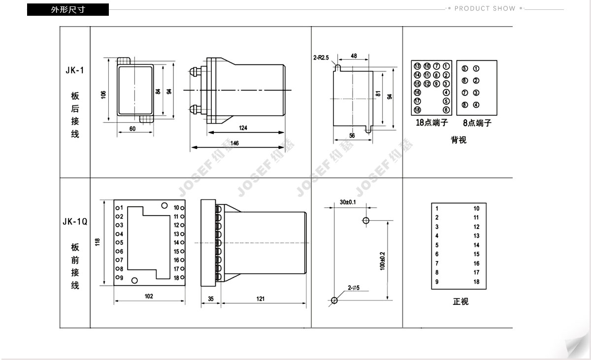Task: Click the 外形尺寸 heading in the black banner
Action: (x=68, y=10)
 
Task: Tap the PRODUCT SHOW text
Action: (x=485, y=8)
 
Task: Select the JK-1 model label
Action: (x=75, y=70)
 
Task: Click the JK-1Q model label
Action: (x=75, y=221)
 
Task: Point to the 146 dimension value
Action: (x=234, y=143)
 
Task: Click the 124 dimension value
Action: (x=243, y=128)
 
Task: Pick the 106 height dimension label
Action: (x=103, y=95)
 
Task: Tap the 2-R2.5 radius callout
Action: (x=321, y=58)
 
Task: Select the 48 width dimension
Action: (x=354, y=56)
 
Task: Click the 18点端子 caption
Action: (x=431, y=123)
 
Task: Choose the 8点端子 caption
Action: (x=477, y=123)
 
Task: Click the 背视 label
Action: (x=459, y=140)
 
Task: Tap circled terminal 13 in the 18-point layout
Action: (x=417, y=66)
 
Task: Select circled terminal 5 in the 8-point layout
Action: (x=464, y=68)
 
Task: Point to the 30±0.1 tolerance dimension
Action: (x=348, y=202)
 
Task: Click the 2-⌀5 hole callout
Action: (x=354, y=288)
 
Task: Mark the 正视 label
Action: (x=460, y=301)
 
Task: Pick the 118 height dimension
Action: (x=98, y=242)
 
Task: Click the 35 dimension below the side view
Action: (x=211, y=299)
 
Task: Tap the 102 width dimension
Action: (x=149, y=296)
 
